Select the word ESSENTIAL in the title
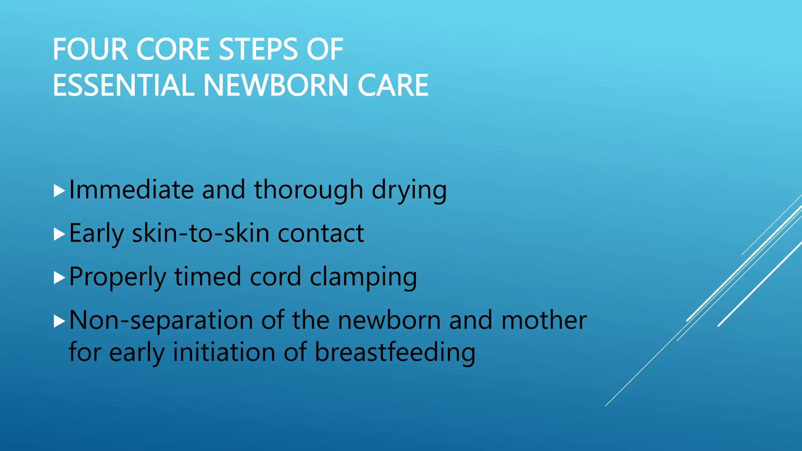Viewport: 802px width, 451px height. pyautogui.click(x=123, y=85)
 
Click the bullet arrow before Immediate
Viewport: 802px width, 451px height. pyautogui.click(x=59, y=191)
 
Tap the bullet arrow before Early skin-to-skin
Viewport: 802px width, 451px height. pyautogui.click(x=59, y=235)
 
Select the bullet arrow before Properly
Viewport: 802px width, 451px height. pyautogui.click(x=59, y=278)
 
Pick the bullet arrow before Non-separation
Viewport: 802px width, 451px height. pyautogui.click(x=59, y=321)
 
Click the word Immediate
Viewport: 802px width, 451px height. pyautogui.click(x=131, y=190)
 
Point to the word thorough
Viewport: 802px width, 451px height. pyautogui.click(x=309, y=190)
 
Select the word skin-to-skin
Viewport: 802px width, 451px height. pyautogui.click(x=200, y=233)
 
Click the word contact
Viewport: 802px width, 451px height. pyautogui.click(x=321, y=233)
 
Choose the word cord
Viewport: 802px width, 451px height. pyautogui.click(x=275, y=277)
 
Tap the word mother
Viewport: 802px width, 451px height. pyautogui.click(x=544, y=320)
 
